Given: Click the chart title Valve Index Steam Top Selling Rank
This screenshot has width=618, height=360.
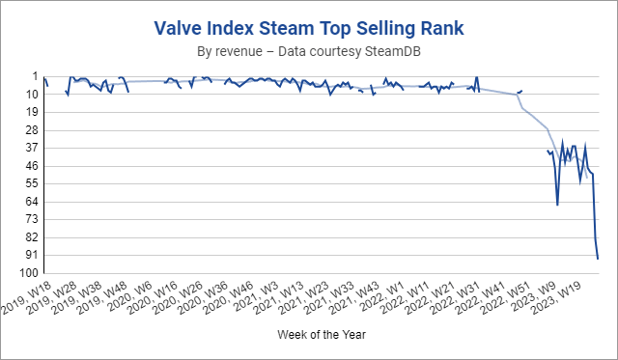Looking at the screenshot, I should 309,26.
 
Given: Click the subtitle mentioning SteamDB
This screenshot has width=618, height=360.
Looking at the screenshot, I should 309,49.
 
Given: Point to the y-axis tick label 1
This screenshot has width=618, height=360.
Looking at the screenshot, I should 34,76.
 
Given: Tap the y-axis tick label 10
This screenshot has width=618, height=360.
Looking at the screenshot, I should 31,94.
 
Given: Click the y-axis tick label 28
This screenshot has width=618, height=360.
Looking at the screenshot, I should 31,129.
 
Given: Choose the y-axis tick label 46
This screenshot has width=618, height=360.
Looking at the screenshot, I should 31,165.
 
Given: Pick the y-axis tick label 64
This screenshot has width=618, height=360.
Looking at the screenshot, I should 31,201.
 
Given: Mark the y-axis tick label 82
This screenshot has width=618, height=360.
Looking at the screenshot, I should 31,236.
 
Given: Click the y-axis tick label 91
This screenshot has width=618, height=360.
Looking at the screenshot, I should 31,255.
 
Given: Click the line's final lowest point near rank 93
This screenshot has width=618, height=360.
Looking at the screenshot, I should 598,259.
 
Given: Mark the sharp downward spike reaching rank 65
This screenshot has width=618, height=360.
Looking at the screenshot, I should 557,204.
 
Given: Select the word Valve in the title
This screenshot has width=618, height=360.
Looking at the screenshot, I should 177,26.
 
